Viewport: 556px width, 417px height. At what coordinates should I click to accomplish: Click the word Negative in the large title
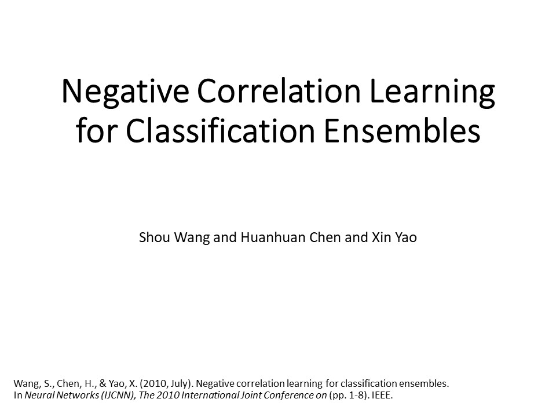[126, 91]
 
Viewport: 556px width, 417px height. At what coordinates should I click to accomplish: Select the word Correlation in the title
[279, 91]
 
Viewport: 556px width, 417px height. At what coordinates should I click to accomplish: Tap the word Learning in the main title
[432, 91]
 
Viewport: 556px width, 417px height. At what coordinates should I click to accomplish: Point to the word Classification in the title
[220, 130]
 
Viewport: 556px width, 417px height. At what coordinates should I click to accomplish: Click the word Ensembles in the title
[402, 130]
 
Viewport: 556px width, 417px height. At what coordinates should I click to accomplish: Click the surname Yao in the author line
[406, 237]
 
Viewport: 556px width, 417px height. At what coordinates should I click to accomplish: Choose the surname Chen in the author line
[325, 237]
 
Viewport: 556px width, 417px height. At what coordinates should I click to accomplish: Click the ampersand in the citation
[103, 383]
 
